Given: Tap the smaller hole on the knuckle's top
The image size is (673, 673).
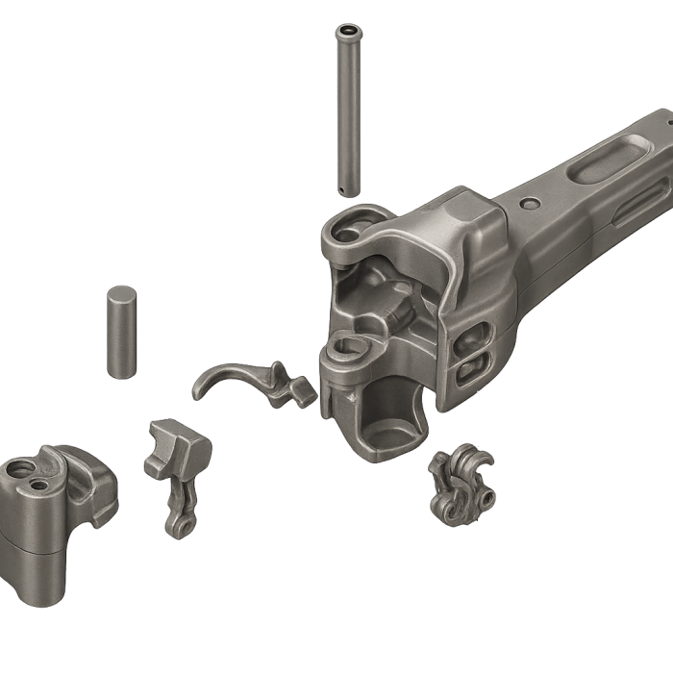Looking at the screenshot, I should click(38, 486).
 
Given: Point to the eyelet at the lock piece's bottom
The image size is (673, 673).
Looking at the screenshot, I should click(176, 525).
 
